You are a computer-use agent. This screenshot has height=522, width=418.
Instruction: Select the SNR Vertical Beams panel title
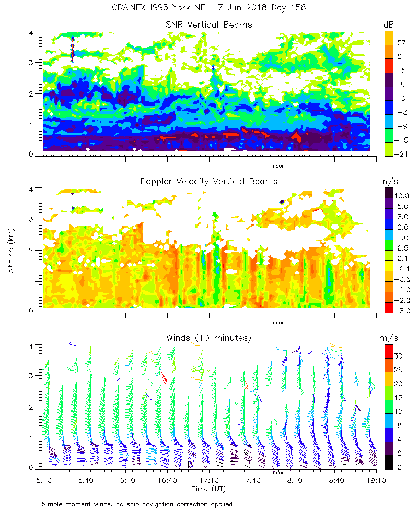[208, 25]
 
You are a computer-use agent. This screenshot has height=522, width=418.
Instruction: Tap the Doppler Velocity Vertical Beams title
[208, 181]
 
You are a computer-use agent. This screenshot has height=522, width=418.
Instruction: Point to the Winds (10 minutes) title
[208, 338]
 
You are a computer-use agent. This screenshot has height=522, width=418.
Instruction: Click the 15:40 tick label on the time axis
[84, 479]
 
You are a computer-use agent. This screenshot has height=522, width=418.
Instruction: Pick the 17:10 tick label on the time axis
[209, 479]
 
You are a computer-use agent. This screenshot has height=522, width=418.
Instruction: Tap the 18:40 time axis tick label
[334, 479]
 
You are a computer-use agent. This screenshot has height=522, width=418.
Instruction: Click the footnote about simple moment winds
[137, 504]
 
